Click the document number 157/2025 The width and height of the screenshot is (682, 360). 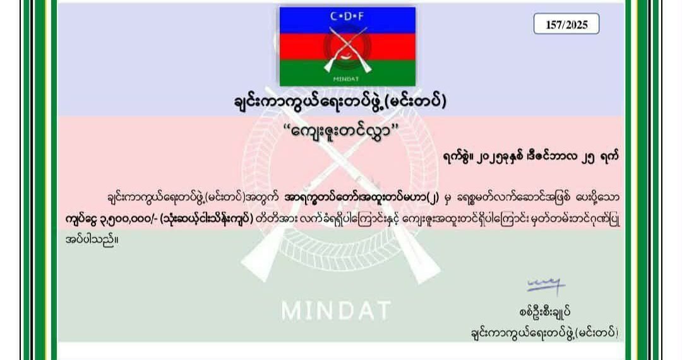[566, 25]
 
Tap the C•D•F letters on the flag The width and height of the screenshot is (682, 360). [347, 17]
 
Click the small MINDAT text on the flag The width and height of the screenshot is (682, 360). [346, 79]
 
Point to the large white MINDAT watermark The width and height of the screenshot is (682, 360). [336, 311]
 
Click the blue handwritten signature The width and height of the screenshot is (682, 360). [546, 285]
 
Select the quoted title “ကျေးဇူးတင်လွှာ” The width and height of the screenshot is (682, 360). [341, 130]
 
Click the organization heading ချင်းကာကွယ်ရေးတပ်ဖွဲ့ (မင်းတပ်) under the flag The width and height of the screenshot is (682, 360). [340, 102]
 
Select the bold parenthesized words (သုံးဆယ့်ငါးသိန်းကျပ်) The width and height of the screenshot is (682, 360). [206, 219]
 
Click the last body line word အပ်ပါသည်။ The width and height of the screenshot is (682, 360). [92, 239]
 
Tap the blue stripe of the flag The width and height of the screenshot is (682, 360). [347, 20]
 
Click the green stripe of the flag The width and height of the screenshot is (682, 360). [347, 73]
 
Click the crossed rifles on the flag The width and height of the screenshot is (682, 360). [347, 49]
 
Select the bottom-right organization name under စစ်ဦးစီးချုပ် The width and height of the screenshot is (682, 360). [544, 333]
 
